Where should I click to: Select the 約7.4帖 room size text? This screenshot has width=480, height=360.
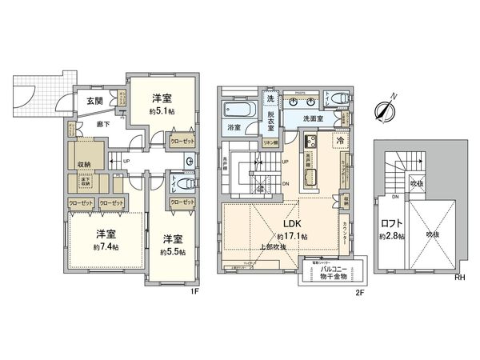pyautogui.click(x=105, y=247)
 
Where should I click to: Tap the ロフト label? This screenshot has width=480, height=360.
pyautogui.click(x=392, y=223)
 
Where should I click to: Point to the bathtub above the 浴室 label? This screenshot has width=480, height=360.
pyautogui.click(x=238, y=109)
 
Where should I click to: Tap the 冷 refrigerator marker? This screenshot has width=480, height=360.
pyautogui.click(x=339, y=140)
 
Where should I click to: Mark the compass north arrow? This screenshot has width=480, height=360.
pyautogui.click(x=387, y=110)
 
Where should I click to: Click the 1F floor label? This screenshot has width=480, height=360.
pyautogui.click(x=194, y=291)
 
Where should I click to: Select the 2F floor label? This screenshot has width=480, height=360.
pyautogui.click(x=360, y=291)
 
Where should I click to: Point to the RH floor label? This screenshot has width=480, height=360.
pyautogui.click(x=460, y=278)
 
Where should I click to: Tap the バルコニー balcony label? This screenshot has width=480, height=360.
pyautogui.click(x=331, y=270)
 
